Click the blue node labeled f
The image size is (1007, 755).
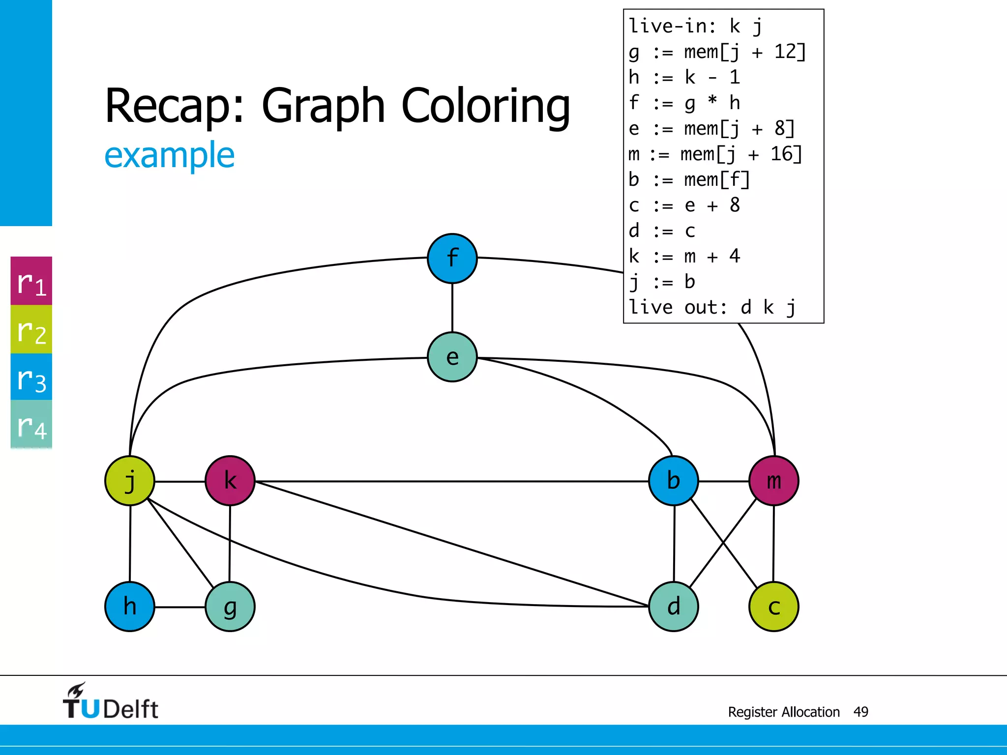tap(452, 259)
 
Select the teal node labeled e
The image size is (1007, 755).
tap(452, 357)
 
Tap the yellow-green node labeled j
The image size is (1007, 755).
tap(130, 481)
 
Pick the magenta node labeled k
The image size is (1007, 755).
tap(230, 481)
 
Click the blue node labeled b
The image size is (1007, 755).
tap(674, 481)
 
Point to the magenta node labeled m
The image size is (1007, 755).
tap(773, 481)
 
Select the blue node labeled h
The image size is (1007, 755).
tap(130, 607)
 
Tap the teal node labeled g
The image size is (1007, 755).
tap(230, 607)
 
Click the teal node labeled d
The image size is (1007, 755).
tap(674, 607)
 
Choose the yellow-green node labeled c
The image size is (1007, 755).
tap(773, 607)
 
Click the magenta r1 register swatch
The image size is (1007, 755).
tap(31, 281)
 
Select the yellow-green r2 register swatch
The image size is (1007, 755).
tap(31, 329)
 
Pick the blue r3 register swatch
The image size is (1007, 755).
tap(31, 377)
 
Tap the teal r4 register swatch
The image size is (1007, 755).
tap(31, 424)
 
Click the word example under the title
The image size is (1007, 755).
tap(170, 155)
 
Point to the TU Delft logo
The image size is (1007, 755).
tap(110, 702)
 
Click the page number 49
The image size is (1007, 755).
tap(860, 712)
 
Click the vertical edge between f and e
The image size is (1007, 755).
tap(452, 308)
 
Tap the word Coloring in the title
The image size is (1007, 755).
tap(486, 107)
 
